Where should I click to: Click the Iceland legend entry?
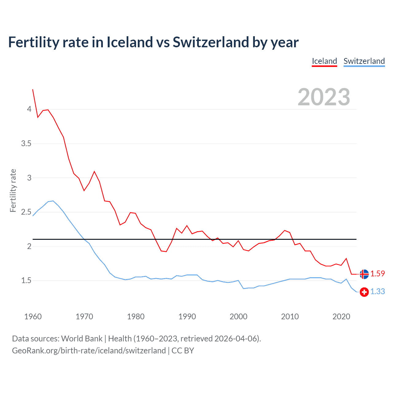point(324,61)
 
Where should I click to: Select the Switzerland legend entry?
point(364,61)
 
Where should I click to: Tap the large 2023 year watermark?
point(324,97)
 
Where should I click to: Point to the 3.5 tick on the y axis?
point(26,143)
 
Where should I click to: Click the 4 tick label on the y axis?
point(29,109)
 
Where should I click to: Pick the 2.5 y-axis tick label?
point(26,212)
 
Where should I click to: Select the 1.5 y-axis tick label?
point(26,280)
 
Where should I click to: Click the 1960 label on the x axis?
point(33,317)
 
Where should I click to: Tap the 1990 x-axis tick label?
point(187,317)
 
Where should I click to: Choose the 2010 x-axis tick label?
point(290,317)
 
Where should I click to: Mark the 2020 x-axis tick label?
point(341,317)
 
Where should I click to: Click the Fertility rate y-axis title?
point(13,190)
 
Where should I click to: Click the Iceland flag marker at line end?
point(364,274)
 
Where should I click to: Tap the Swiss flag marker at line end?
point(364,292)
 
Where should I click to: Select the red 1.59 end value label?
point(377,274)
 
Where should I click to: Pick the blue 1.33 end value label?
point(377,291)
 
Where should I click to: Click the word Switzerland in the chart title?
point(211,42)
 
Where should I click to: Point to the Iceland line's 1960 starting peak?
point(33,90)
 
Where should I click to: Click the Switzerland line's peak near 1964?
point(53,201)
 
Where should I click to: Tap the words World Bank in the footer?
point(82,339)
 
